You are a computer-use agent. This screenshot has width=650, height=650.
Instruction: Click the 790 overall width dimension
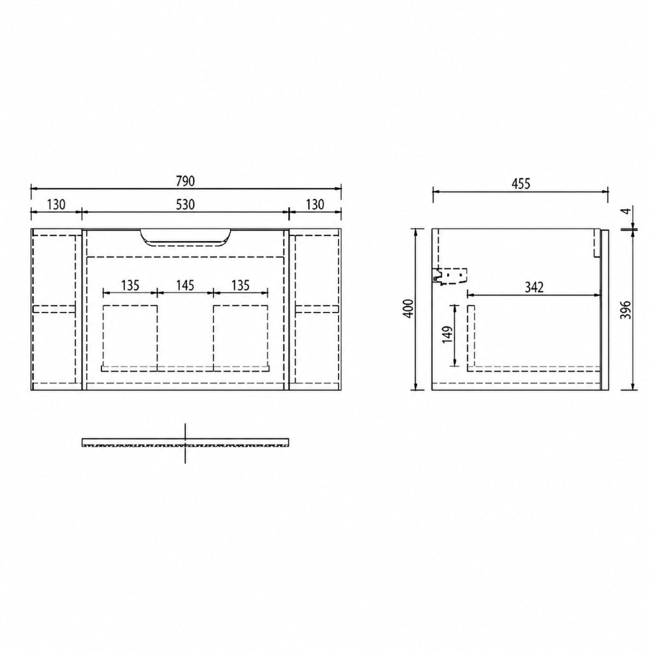tap(185, 181)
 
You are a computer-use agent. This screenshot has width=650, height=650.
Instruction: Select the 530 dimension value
tap(185, 204)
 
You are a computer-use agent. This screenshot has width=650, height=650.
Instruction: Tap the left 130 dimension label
tap(56, 204)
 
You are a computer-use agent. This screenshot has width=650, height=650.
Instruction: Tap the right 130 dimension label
tap(315, 204)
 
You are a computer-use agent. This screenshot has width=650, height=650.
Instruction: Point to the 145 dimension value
tap(185, 285)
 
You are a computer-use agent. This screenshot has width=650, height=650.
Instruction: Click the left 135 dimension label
tap(130, 285)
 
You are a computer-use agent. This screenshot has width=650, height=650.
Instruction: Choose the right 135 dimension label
tap(240, 285)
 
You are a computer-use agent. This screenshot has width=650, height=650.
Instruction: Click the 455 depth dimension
tap(521, 183)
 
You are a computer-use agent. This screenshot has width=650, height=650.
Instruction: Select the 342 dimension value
tap(534, 287)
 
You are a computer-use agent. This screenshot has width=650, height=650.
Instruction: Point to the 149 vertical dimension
tap(447, 335)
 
